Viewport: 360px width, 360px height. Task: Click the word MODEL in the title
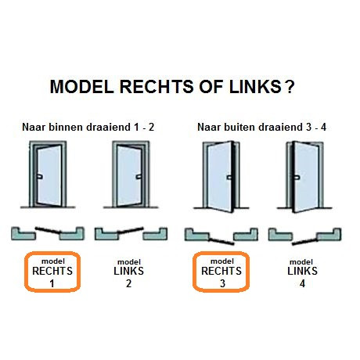click(80, 86)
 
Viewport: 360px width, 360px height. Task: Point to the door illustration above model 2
click(130, 178)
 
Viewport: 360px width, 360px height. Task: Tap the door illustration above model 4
click(303, 178)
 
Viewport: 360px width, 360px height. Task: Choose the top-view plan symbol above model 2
click(130, 233)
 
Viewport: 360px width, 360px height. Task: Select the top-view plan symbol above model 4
click(304, 234)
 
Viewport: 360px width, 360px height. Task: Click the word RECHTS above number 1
click(52, 272)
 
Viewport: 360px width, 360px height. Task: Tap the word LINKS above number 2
click(129, 272)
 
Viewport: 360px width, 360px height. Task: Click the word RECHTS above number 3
click(221, 272)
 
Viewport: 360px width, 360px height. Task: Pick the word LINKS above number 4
click(302, 272)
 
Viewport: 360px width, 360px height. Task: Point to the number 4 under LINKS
click(302, 283)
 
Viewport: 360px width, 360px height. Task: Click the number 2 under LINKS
click(129, 283)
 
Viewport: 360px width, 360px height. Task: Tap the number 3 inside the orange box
click(221, 283)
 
